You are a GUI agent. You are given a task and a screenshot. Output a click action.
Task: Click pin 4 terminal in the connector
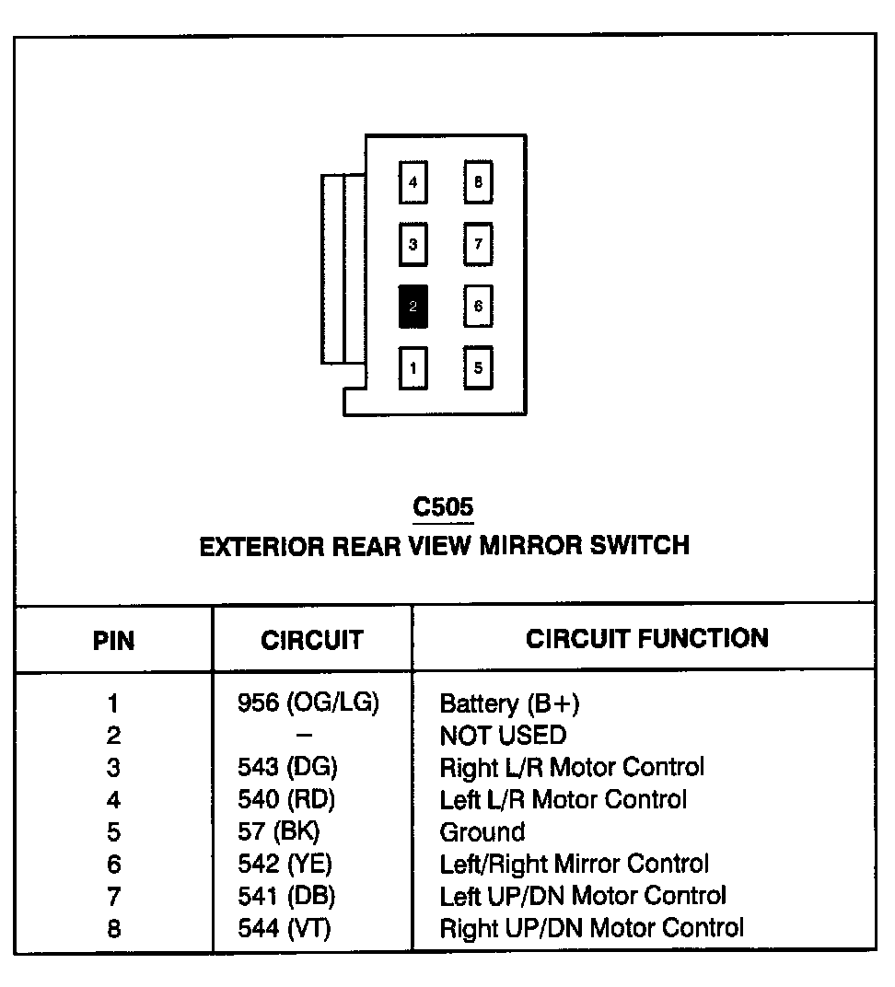pyautogui.click(x=413, y=182)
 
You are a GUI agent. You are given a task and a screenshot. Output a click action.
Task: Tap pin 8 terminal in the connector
pyautogui.click(x=478, y=182)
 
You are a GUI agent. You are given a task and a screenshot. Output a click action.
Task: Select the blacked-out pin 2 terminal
pyautogui.click(x=413, y=307)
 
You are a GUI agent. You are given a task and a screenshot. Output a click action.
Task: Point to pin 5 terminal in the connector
pyautogui.click(x=478, y=368)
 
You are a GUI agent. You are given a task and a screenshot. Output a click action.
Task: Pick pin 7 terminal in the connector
pyautogui.click(x=478, y=245)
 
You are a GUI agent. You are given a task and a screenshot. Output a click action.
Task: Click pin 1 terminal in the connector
pyautogui.click(x=413, y=369)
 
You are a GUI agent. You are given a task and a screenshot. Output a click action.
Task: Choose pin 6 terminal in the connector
pyautogui.click(x=478, y=307)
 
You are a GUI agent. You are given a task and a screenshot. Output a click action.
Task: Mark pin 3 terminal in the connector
pyautogui.click(x=413, y=245)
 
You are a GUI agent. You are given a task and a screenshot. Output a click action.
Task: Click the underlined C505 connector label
pyautogui.click(x=443, y=507)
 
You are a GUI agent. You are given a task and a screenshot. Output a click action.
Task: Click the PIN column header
pyautogui.click(x=113, y=641)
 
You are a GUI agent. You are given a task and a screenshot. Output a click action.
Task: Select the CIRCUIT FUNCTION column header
pyautogui.click(x=646, y=639)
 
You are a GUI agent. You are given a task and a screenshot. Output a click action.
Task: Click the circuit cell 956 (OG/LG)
pyautogui.click(x=308, y=703)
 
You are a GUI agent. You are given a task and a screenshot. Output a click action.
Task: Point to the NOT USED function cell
pyautogui.click(x=503, y=736)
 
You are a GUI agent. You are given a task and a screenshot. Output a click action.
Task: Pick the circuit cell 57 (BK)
pyautogui.click(x=278, y=832)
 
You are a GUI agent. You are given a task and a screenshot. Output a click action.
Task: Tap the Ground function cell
pyautogui.click(x=482, y=832)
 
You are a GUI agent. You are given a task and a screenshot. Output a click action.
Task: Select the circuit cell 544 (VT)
pyautogui.click(x=284, y=928)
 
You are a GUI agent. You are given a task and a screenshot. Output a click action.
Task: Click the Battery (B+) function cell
pyautogui.click(x=509, y=704)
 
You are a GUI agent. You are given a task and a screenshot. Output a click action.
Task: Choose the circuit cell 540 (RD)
pyautogui.click(x=286, y=799)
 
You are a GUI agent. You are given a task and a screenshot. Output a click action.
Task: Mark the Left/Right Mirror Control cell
pyautogui.click(x=574, y=864)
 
